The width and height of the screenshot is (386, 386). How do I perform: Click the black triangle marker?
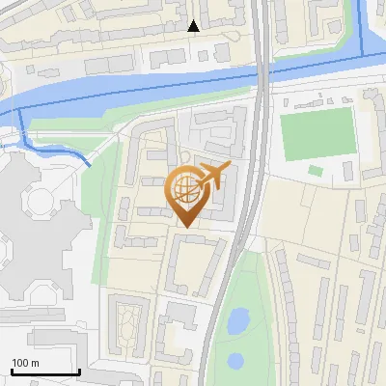(x=194, y=26)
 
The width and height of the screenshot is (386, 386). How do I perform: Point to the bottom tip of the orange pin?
(x=184, y=226)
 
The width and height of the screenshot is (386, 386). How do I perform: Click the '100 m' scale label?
(x=25, y=363)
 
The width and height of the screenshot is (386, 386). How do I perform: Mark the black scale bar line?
(x=44, y=372)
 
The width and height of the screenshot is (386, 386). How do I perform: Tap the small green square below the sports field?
(x=316, y=171)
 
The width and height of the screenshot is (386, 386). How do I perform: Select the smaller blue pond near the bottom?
(x=234, y=361)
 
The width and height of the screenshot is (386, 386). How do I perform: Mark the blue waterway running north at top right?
(x=363, y=29)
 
